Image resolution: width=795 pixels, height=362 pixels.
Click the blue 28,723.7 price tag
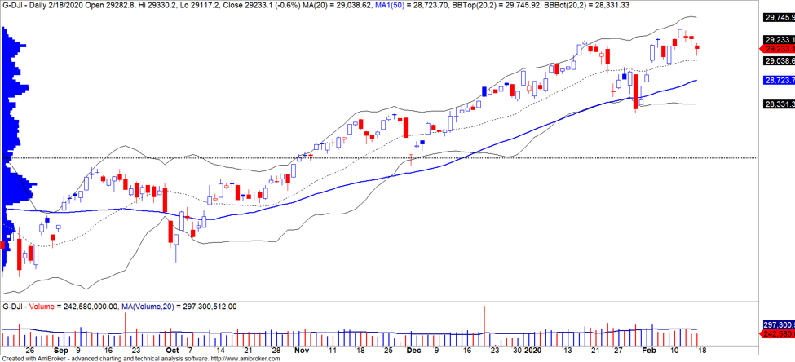[778, 80]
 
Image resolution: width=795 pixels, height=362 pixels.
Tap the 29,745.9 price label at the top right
[778, 17]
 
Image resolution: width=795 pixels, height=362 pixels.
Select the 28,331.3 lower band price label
[778, 104]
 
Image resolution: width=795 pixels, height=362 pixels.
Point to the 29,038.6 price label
[778, 61]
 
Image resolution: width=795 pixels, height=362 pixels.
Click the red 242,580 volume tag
[778, 334]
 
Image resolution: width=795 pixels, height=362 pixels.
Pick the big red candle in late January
[636, 90]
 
